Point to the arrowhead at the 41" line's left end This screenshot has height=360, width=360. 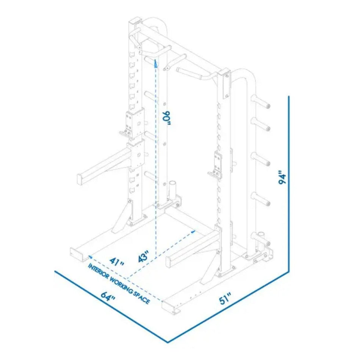point(89,257)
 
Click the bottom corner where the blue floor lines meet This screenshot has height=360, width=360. point(167,342)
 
